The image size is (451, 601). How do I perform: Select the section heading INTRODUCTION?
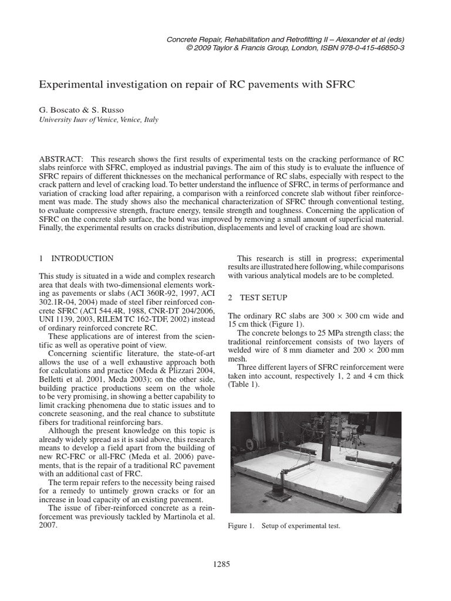click(x=82, y=258)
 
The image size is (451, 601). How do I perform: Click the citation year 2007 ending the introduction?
click(x=49, y=526)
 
